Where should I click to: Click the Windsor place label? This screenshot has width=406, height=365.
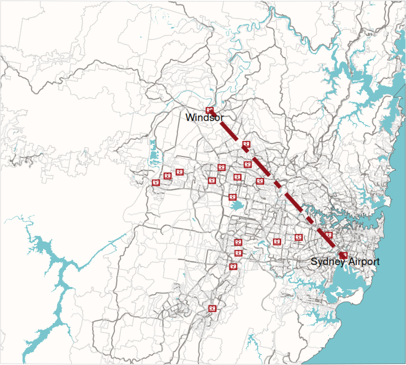pyautogui.click(x=204, y=118)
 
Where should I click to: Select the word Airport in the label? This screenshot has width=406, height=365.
pyautogui.click(x=363, y=262)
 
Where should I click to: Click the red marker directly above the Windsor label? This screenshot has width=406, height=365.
pyautogui.click(x=210, y=110)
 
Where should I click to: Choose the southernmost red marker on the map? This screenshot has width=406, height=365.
pyautogui.click(x=212, y=308)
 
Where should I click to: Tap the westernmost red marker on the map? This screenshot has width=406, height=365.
pyautogui.click(x=155, y=182)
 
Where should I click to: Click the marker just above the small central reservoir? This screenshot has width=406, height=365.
pyautogui.click(x=232, y=197)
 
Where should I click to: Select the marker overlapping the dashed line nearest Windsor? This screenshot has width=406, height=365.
pyautogui.click(x=246, y=144)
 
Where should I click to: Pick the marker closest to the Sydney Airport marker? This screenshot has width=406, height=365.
pyautogui.click(x=328, y=235)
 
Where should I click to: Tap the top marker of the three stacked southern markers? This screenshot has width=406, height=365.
pyautogui.click(x=238, y=242)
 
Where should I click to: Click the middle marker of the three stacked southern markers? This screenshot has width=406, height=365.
pyautogui.click(x=238, y=253)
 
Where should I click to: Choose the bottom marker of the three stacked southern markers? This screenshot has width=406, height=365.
pyautogui.click(x=233, y=266)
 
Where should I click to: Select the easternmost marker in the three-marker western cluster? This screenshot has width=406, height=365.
pyautogui.click(x=179, y=172)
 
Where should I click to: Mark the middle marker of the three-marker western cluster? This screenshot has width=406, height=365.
pyautogui.click(x=167, y=176)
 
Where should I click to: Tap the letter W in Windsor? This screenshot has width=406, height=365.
pyautogui.click(x=189, y=118)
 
